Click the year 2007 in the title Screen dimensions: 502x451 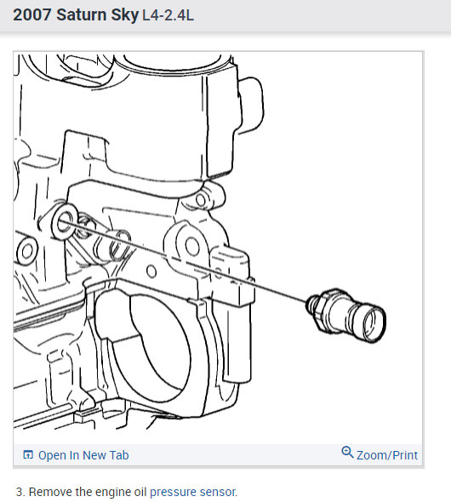click(x=33, y=16)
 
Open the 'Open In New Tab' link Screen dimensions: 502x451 click(x=83, y=455)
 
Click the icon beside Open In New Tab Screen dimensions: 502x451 click(x=28, y=455)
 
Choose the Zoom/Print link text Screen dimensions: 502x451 click(x=387, y=455)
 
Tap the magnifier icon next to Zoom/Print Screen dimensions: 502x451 click(x=347, y=453)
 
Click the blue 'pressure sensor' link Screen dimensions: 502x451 click(x=193, y=492)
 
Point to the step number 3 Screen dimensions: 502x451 click(x=20, y=492)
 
